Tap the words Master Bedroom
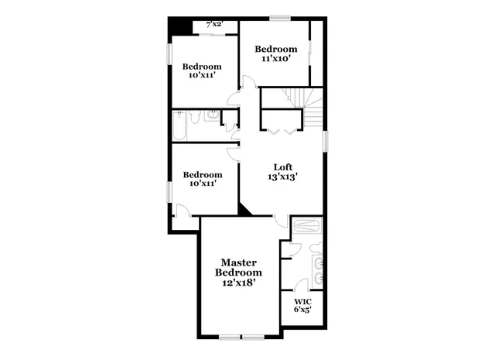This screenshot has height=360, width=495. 238,268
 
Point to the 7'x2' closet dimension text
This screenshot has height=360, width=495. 213,25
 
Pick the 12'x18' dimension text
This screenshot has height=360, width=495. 238,283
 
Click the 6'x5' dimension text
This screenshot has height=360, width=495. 302,309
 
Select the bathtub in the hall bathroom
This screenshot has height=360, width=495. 179,126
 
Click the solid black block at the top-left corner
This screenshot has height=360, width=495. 181,25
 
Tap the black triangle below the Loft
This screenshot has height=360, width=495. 247,209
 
